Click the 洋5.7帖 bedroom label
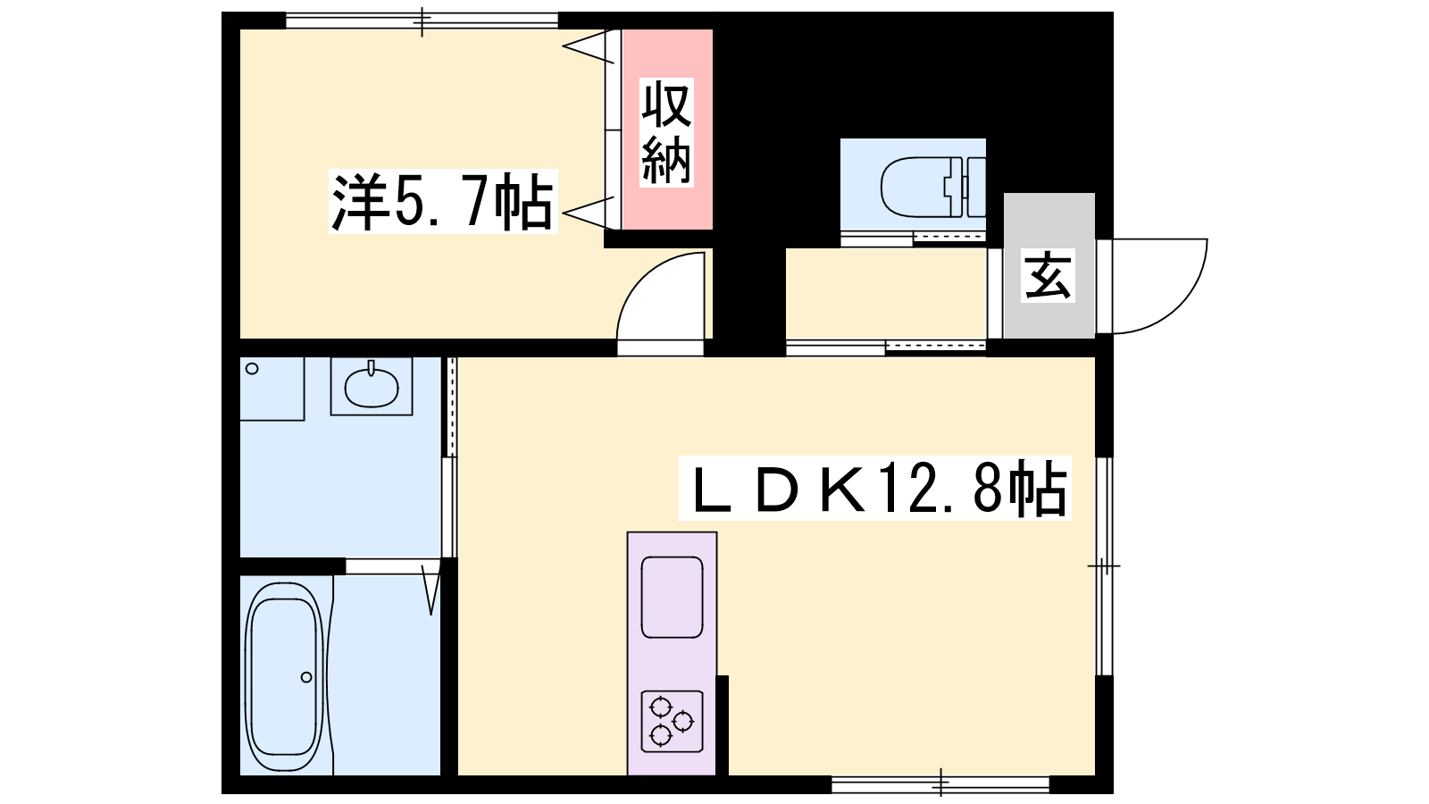[x=443, y=202]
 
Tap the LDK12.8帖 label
[x=874, y=488]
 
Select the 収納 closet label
[x=666, y=132]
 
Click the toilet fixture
[x=932, y=187]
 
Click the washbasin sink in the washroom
[x=372, y=387]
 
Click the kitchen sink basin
[x=672, y=598]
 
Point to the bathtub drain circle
[x=306, y=677]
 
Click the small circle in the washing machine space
[x=252, y=369]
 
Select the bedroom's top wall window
[x=422, y=21]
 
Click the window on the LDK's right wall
[x=1104, y=565]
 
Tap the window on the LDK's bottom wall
[x=941, y=784]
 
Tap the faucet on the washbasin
[x=371, y=368]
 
